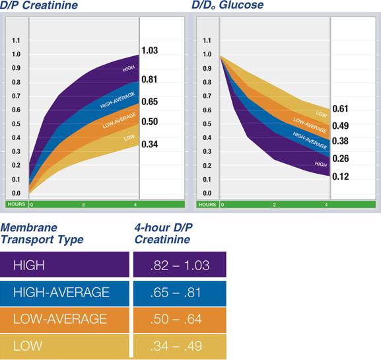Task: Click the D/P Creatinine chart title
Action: tap(40, 6)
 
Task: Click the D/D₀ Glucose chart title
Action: tap(228, 6)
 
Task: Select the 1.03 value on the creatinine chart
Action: tap(149, 51)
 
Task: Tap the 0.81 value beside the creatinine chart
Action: tap(149, 80)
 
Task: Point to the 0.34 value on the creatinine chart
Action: tap(149, 144)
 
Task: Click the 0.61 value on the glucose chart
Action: tap(340, 109)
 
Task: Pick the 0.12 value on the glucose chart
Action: tap(340, 176)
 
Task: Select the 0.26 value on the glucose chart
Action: tap(340, 159)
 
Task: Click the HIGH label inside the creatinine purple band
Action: tap(129, 69)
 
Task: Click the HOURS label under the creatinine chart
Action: tap(15, 204)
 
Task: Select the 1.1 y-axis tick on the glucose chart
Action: tap(208, 40)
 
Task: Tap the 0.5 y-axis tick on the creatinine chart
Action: tap(15, 124)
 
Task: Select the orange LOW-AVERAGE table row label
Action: tap(60, 319)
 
